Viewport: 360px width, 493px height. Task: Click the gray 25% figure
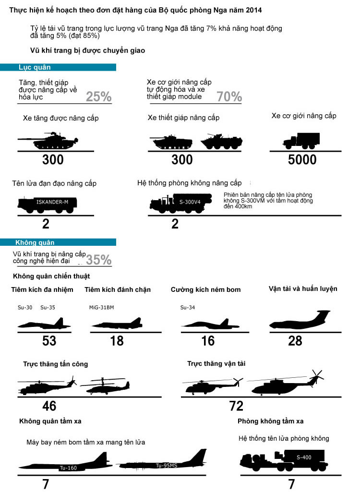coord(99,96)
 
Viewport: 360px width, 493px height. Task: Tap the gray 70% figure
coord(229,96)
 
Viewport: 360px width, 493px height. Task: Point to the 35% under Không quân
coord(99,260)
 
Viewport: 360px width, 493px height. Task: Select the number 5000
coord(302,159)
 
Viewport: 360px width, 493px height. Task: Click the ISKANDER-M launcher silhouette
coord(47,204)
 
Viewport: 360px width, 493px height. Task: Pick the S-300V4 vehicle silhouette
coord(181,203)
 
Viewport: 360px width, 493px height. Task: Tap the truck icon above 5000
coord(301,141)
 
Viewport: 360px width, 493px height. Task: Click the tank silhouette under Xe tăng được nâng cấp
coord(48,141)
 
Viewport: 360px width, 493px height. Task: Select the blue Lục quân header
coord(58,67)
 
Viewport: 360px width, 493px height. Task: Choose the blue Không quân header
coord(58,242)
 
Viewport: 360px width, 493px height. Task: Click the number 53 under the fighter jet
coord(49,341)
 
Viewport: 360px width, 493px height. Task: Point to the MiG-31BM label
coord(102,308)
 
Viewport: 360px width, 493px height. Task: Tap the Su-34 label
coord(188,308)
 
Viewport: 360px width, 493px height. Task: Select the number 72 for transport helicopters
coord(236,406)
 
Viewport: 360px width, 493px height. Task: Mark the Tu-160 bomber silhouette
coord(65,462)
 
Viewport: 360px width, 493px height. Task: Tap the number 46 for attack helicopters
coord(49,406)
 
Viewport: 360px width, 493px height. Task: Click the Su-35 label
coord(48,308)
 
